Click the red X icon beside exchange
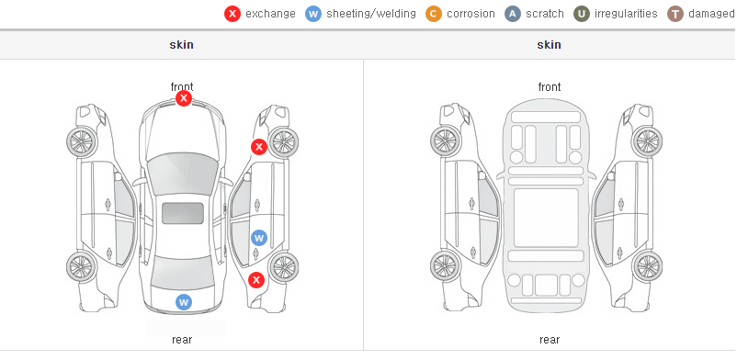click(x=232, y=14)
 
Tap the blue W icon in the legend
click(x=313, y=14)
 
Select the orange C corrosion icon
click(x=434, y=14)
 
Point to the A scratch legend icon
click(x=513, y=14)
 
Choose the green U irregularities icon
click(x=582, y=14)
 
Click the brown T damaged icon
click(x=675, y=14)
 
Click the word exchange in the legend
click(x=270, y=14)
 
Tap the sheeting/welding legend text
click(x=371, y=14)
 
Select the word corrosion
click(x=471, y=14)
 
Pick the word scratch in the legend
click(x=545, y=14)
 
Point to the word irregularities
click(x=626, y=14)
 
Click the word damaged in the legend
click(x=711, y=14)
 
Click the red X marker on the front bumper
click(x=184, y=98)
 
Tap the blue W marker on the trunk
click(x=184, y=302)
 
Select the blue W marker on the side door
click(x=259, y=238)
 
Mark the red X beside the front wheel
click(x=258, y=147)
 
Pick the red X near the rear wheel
click(x=256, y=281)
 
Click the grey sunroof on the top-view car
click(x=183, y=213)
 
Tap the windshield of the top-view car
click(x=182, y=173)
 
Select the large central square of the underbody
click(x=546, y=218)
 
